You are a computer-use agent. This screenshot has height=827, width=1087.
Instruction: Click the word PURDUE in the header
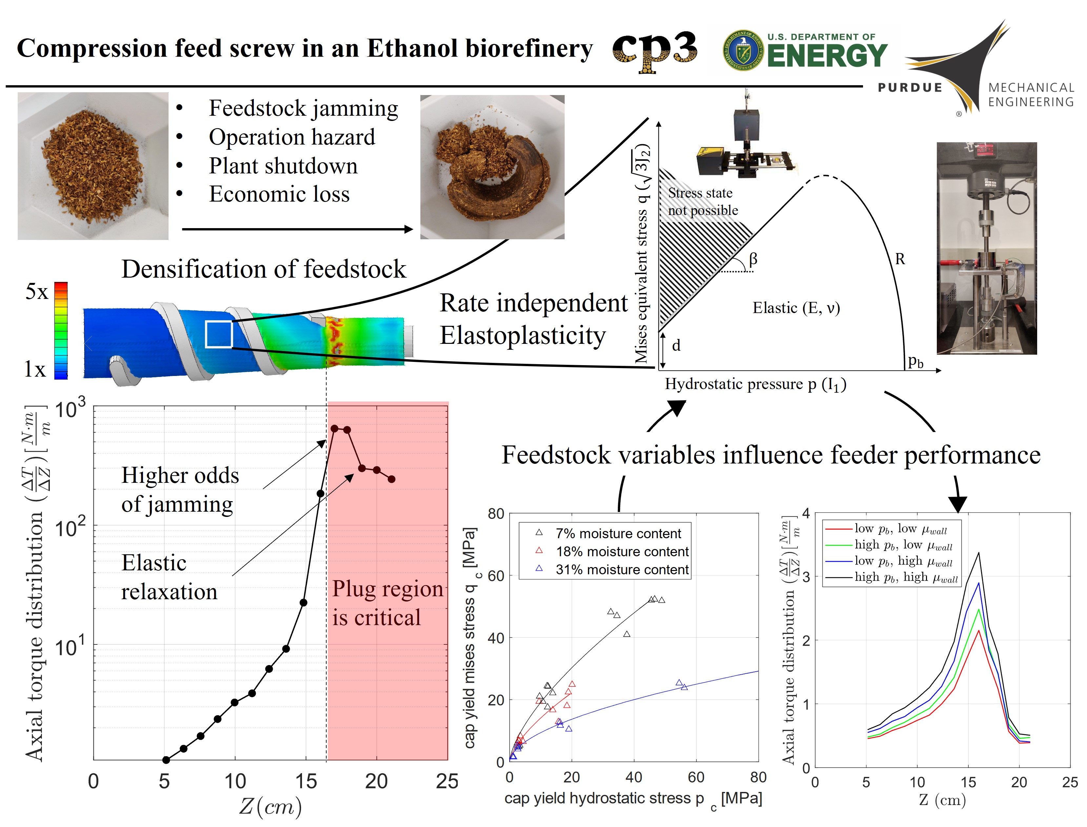click(910, 88)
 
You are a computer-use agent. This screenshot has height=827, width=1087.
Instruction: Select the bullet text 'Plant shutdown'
click(283, 166)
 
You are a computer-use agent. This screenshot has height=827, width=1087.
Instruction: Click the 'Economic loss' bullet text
click(279, 194)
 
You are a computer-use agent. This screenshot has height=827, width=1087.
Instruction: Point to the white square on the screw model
click(219, 334)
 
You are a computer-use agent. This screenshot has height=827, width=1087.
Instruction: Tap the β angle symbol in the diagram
click(753, 259)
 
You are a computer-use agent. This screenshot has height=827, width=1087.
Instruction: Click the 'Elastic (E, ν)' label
click(796, 308)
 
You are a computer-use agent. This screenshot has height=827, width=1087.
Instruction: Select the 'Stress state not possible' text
click(703, 201)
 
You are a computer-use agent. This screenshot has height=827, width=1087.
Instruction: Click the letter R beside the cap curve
click(900, 259)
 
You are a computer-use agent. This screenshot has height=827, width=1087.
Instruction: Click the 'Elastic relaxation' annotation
click(169, 577)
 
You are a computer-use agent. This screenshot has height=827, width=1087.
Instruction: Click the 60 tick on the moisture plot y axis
click(496, 576)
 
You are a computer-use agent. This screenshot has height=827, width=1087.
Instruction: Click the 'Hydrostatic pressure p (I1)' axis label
click(756, 384)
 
